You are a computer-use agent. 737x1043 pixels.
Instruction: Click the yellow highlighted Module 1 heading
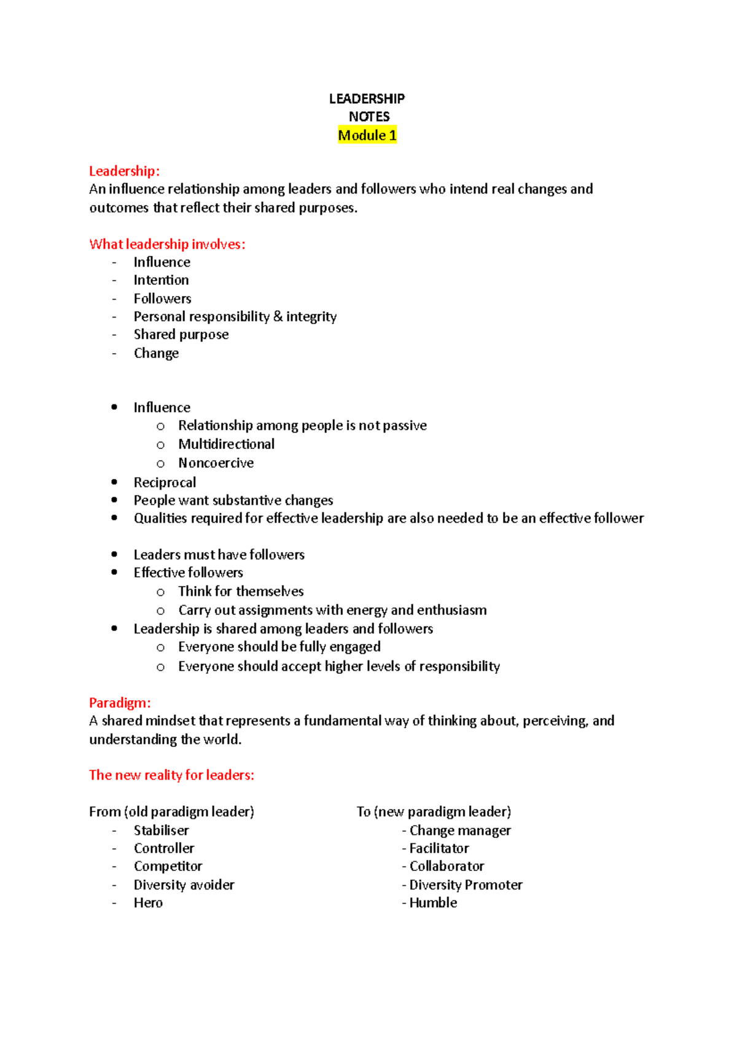pos(367,135)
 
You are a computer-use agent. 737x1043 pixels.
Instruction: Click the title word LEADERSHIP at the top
pos(367,99)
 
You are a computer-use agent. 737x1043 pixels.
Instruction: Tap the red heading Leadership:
pos(124,171)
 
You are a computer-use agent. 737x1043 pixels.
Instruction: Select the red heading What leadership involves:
pos(167,244)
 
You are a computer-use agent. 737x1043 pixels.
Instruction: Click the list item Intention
pos(161,280)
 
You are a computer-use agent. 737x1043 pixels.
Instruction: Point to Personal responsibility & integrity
pos(235,316)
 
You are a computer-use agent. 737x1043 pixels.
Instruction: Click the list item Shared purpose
pos(181,335)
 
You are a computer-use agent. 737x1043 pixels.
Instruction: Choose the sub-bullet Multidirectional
pos(226,444)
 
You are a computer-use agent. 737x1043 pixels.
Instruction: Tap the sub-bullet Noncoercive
pos(216,463)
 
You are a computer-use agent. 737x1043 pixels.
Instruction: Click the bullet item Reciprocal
pos(165,482)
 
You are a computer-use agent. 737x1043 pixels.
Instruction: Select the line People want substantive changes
pos(233,501)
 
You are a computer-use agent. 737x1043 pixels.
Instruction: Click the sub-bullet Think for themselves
pos(241,592)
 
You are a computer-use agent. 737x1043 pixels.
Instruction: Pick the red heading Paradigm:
pos(120,703)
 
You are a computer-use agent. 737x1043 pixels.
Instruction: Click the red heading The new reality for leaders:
pos(171,775)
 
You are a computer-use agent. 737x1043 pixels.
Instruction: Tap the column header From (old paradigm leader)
pos(171,812)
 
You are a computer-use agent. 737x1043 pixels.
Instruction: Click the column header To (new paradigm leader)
pos(434,812)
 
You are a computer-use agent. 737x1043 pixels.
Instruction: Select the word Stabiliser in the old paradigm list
pos(161,830)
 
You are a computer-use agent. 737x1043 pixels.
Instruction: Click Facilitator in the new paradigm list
pos(439,848)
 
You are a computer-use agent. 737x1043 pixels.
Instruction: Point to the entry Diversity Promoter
pos(466,885)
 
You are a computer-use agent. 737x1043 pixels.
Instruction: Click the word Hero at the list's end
pos(148,903)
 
